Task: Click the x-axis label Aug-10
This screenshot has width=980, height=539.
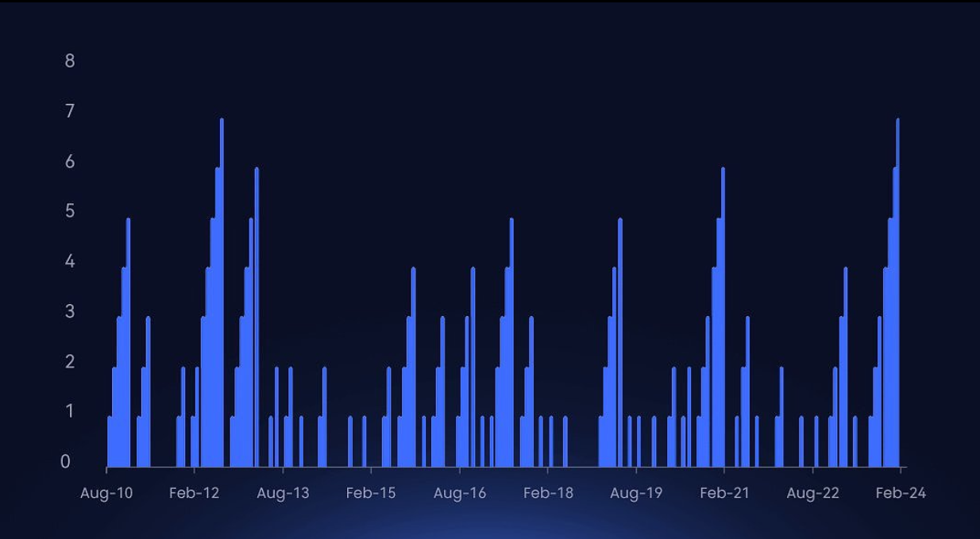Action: click(106, 493)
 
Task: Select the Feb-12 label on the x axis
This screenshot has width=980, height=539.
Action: click(194, 493)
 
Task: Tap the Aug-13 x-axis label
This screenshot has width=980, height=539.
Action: click(283, 493)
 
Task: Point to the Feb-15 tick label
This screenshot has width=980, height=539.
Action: click(370, 493)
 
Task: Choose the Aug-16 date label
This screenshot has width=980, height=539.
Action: click(460, 493)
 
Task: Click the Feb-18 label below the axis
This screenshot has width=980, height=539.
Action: click(548, 493)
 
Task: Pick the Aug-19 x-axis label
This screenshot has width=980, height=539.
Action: click(636, 493)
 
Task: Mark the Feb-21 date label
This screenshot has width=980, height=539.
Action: click(724, 493)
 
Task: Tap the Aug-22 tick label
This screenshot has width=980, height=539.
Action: click(812, 493)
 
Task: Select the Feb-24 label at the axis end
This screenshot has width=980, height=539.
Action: click(901, 493)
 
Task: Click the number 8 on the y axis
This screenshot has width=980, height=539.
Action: click(70, 61)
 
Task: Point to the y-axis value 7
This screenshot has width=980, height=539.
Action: click(70, 111)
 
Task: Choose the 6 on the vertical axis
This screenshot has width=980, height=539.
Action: click(70, 162)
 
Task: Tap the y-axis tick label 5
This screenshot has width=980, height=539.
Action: click(70, 211)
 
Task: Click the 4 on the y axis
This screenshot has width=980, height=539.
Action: click(70, 261)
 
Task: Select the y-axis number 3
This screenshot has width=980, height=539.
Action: click(70, 311)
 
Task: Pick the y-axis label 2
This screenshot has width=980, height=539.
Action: click(70, 362)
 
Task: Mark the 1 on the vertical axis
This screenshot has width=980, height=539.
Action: click(70, 411)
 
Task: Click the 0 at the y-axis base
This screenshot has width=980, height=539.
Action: click(66, 462)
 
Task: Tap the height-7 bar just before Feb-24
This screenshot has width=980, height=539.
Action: click(897, 294)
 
